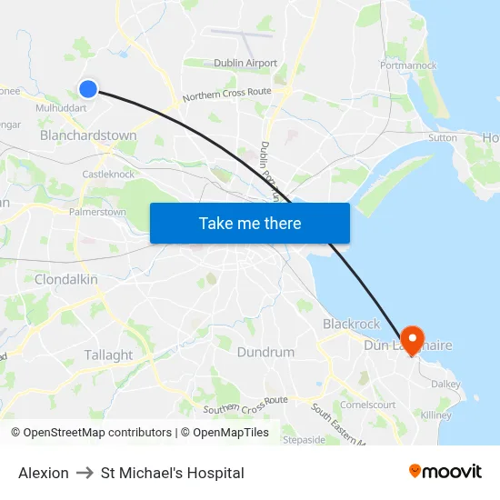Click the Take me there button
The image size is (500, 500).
point(250,223)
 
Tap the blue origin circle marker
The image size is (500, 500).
point(88,88)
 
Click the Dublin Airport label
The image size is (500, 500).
point(245,63)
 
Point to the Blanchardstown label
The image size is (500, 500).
point(88,135)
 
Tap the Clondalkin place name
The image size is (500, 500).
point(65,279)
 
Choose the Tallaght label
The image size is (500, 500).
point(108,355)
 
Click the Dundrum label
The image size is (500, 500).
point(265,352)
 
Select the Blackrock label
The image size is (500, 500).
point(352,324)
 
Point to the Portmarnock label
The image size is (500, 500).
point(408,65)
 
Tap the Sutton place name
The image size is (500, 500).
point(443,138)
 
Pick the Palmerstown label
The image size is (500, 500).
point(97,212)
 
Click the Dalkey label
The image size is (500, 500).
point(445,385)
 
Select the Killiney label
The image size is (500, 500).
point(435,415)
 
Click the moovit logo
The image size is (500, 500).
point(445,472)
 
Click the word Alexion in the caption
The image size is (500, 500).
point(44,473)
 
